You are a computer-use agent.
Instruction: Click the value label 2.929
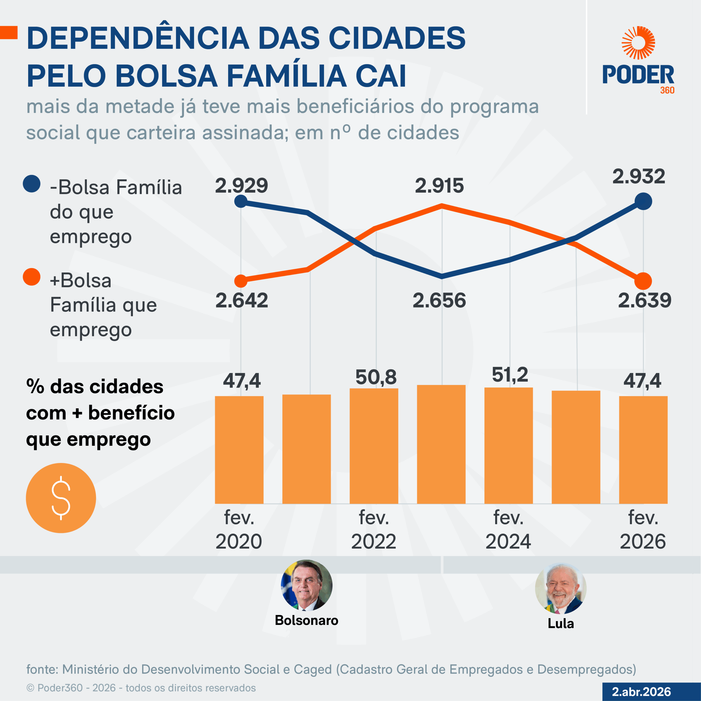click(x=241, y=186)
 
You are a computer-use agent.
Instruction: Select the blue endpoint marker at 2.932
click(x=643, y=201)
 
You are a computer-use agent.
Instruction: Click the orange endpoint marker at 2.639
click(x=643, y=281)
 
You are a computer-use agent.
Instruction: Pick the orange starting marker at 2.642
click(x=241, y=281)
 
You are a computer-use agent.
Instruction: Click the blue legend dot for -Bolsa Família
click(x=31, y=184)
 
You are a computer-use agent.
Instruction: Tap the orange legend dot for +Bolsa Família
click(x=31, y=277)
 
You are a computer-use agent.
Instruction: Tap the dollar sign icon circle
click(x=61, y=498)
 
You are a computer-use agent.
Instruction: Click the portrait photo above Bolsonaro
click(x=307, y=585)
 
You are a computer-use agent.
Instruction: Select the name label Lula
click(x=561, y=623)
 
